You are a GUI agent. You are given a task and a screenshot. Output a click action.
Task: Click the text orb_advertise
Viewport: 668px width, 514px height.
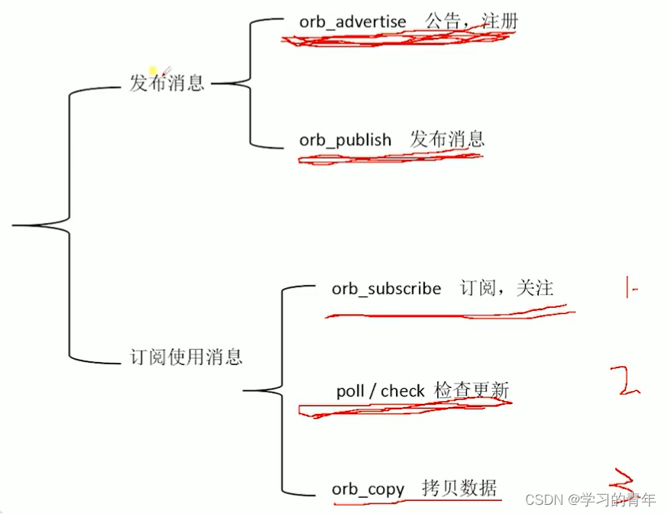point(352,21)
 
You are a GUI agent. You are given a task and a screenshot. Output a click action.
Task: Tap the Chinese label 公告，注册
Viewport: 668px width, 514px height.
point(472,21)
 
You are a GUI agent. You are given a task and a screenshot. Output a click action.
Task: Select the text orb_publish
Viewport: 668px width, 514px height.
point(345,141)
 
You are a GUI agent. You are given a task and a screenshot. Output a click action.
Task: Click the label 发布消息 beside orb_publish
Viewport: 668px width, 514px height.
point(447,139)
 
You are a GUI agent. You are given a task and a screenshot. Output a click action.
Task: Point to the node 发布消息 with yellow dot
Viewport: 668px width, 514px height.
point(167,82)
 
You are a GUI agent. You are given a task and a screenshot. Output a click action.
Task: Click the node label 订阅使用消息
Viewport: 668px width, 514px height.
point(186,357)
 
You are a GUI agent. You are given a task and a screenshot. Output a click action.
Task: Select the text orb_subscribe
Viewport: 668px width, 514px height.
point(386,289)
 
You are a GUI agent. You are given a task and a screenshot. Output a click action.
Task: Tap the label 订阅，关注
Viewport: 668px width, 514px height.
point(506,288)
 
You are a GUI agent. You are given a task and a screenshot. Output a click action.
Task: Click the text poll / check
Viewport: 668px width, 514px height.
point(380,391)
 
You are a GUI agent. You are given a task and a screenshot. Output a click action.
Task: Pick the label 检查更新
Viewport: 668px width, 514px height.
point(472,390)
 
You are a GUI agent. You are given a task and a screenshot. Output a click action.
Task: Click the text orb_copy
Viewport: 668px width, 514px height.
point(368,489)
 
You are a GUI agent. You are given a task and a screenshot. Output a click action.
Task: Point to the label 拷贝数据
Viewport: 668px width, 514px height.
point(459,487)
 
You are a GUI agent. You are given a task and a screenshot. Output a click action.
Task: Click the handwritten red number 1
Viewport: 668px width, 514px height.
point(629,289)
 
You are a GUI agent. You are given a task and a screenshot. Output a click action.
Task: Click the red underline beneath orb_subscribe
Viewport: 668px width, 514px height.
point(447,312)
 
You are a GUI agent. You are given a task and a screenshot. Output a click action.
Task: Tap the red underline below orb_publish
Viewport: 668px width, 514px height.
point(390,158)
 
